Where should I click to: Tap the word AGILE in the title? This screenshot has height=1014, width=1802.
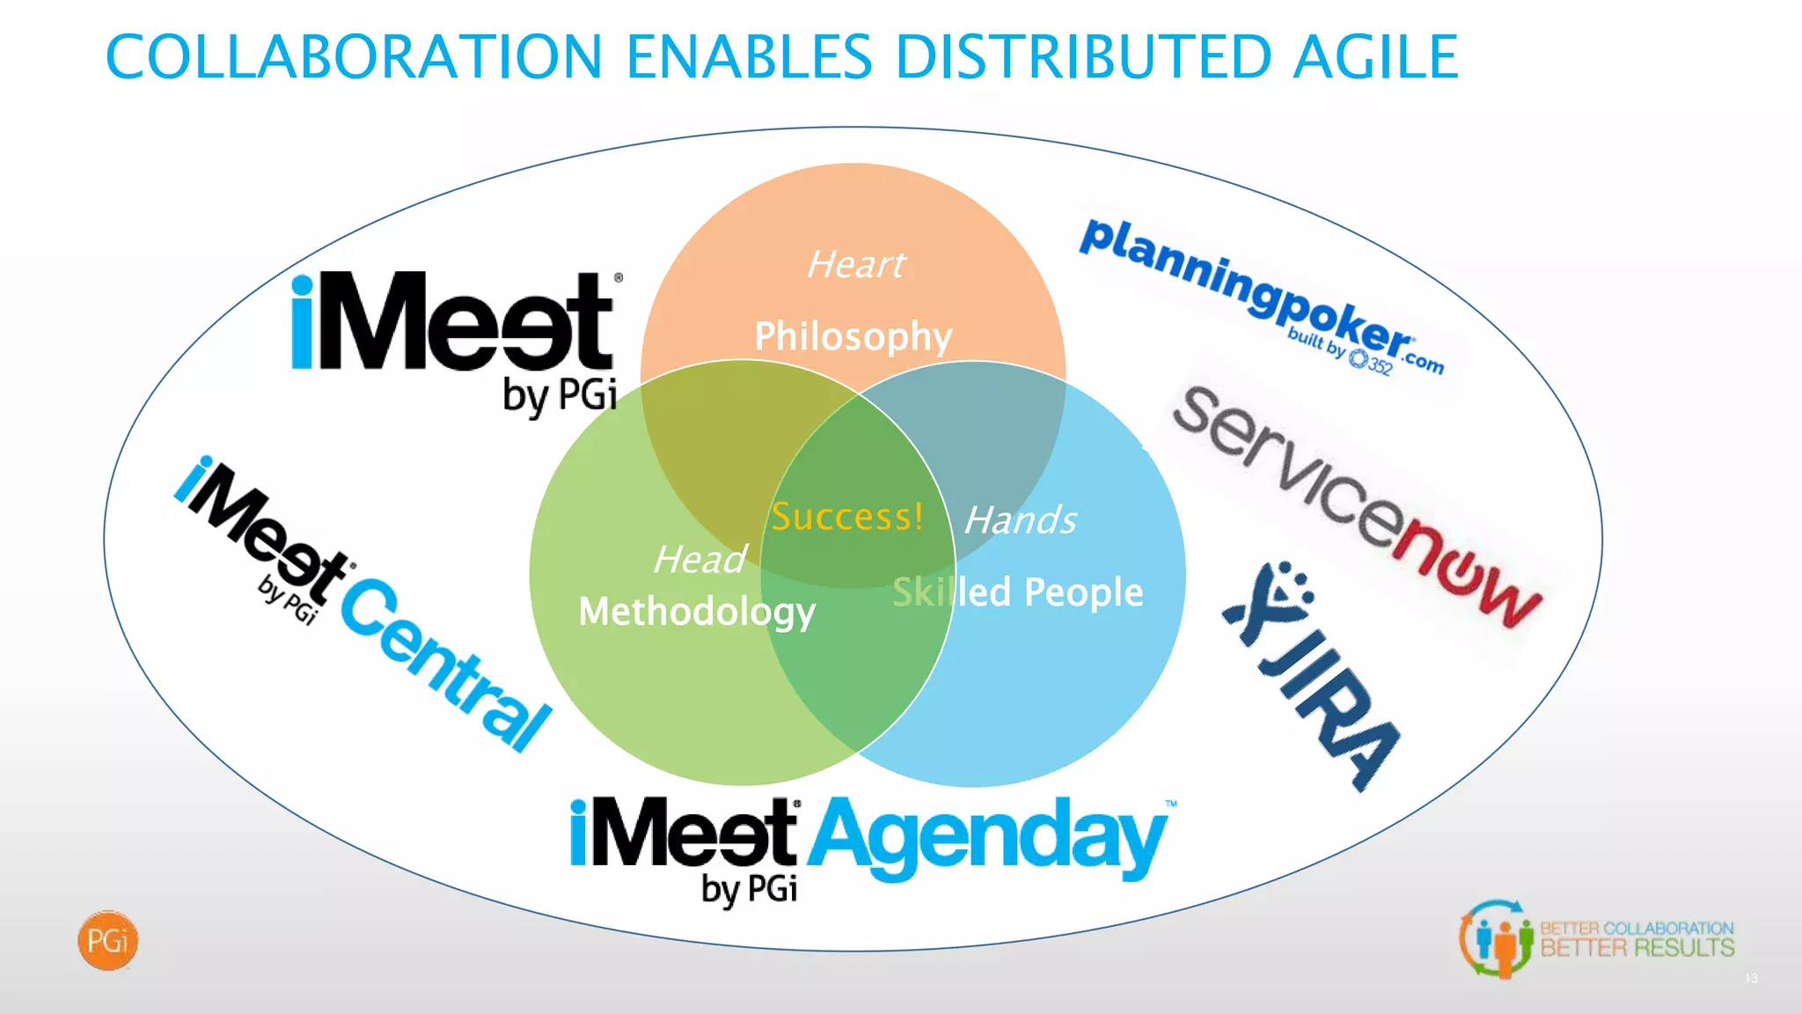(1375, 57)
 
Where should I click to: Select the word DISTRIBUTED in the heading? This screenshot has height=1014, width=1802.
(1083, 57)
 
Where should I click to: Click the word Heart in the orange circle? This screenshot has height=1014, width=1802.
(855, 264)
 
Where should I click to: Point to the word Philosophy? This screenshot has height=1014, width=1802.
(853, 336)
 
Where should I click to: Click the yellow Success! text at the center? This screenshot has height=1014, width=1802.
(847, 517)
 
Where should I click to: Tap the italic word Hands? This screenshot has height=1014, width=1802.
(1021, 520)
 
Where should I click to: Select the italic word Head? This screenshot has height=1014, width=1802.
(700, 560)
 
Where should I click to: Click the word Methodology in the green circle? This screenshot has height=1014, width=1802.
(697, 612)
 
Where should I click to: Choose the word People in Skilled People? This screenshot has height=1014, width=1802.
(1083, 592)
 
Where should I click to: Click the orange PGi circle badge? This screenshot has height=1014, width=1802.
(108, 941)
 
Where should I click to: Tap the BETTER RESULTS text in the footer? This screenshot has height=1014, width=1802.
(1637, 948)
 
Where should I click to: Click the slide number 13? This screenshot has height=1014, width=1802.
(1751, 979)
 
